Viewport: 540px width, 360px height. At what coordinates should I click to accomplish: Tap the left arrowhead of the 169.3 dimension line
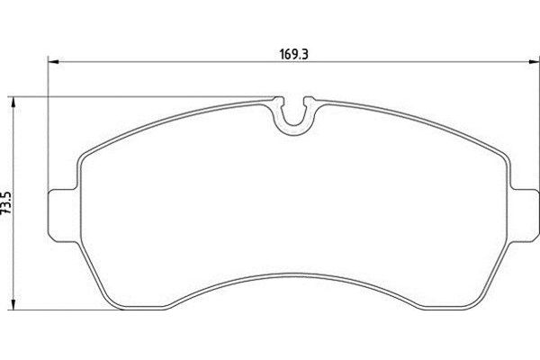[52, 62]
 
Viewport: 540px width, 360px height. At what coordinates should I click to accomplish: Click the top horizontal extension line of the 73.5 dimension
[135, 94]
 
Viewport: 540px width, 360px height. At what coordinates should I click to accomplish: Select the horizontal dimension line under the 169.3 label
[180, 62]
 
